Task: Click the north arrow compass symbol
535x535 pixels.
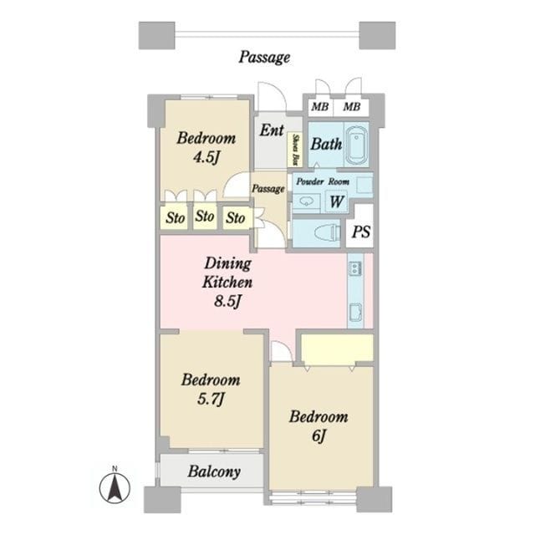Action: (115, 487)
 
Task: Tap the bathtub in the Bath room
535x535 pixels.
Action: (357, 145)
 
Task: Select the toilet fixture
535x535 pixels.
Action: (327, 233)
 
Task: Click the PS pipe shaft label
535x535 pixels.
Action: (361, 232)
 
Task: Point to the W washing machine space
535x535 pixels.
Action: (336, 201)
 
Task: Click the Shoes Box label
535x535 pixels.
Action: (296, 150)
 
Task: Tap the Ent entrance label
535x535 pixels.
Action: (272, 130)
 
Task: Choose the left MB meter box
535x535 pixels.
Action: (319, 107)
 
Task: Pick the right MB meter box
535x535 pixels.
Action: (352, 107)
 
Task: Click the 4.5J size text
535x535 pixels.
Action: (206, 157)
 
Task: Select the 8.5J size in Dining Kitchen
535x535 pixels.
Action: (228, 301)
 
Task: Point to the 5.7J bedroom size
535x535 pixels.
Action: (211, 399)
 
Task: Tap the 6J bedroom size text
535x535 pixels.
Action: (318, 436)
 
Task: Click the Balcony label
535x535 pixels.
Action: (214, 471)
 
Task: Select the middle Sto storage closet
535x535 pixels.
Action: (205, 216)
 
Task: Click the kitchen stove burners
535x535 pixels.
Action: (355, 268)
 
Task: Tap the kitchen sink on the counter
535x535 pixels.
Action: (355, 311)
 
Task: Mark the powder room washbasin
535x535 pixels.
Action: (305, 201)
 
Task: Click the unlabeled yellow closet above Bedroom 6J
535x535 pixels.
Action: (337, 348)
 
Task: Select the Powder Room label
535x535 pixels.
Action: (323, 181)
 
